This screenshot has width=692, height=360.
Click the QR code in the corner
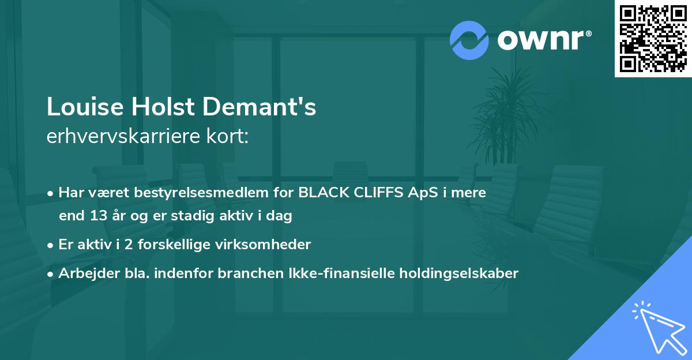coord(653,39)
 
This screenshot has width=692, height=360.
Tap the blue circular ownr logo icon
coord(469,40)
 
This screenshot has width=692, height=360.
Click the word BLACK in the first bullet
coord(321,193)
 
